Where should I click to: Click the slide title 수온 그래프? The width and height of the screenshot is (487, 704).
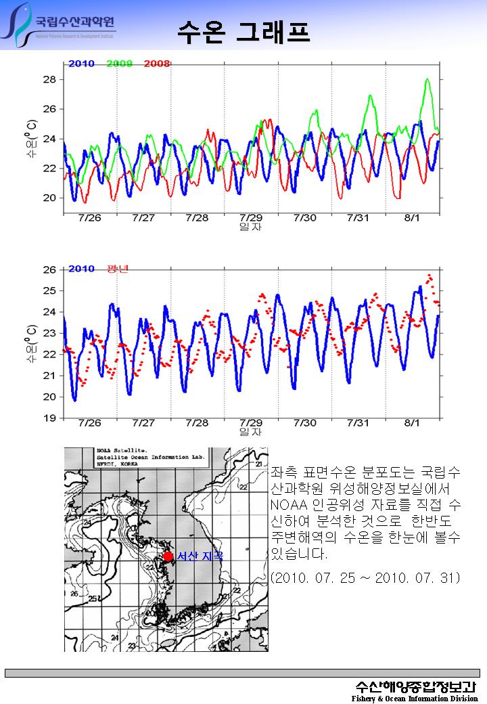(243, 30)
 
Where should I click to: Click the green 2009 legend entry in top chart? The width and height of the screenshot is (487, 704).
(120, 64)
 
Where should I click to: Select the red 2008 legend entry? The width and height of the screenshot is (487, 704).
(156, 64)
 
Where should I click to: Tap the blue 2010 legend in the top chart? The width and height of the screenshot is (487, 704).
(81, 64)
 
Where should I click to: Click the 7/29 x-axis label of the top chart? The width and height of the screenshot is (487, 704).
(251, 218)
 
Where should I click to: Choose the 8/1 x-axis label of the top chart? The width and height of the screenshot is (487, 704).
(412, 218)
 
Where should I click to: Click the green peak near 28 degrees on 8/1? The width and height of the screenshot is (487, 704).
(427, 80)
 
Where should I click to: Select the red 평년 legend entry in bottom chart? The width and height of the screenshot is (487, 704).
(118, 269)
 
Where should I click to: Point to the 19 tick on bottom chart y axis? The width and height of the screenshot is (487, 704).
(50, 418)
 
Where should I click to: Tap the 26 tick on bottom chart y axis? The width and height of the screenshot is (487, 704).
(50, 269)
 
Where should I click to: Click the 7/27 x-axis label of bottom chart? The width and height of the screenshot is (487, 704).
(143, 423)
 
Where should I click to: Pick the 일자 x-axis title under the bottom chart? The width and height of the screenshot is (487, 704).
(250, 431)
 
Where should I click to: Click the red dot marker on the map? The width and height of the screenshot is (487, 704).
(168, 556)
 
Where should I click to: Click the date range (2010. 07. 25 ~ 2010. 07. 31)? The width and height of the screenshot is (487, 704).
(365, 577)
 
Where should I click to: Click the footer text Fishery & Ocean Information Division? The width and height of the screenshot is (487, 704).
(415, 698)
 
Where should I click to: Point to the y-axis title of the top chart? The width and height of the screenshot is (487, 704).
(31, 139)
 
